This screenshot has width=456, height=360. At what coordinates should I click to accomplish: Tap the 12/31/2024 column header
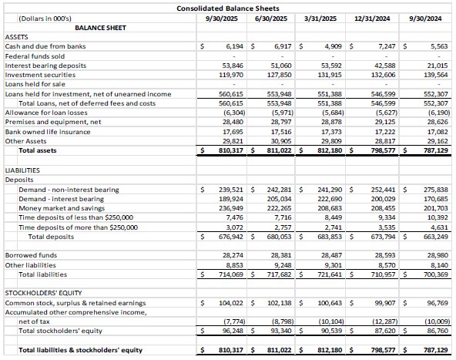[374, 17]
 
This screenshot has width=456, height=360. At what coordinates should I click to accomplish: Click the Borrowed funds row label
[30, 254]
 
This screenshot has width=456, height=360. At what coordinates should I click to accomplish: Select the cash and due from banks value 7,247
[384, 46]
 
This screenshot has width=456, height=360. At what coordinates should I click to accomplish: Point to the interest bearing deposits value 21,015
[437, 66]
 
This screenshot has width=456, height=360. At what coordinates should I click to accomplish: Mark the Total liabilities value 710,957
[381, 274]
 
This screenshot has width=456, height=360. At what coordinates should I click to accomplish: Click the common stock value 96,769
[437, 303]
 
